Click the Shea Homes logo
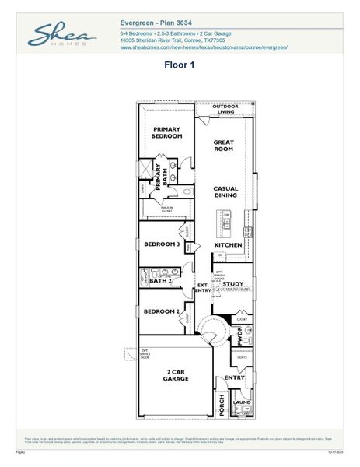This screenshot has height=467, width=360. pos(62,35)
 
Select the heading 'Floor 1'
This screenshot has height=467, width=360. pos(179,65)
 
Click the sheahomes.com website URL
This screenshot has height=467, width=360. pos(204,47)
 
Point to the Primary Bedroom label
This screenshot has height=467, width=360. pos(167,132)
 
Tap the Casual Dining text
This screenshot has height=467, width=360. pos(226,192)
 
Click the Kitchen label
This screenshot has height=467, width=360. pos(228,245)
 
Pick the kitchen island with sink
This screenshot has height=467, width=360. pos(229,225)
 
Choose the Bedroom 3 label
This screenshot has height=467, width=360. pos(162,244)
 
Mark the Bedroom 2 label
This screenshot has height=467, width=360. pos(162,311)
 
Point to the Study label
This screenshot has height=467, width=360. pos(233,284)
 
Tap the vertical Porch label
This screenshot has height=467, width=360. pos(222,405)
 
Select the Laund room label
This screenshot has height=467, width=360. pos(241,402)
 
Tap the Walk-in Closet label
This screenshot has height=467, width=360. pos(166,209)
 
